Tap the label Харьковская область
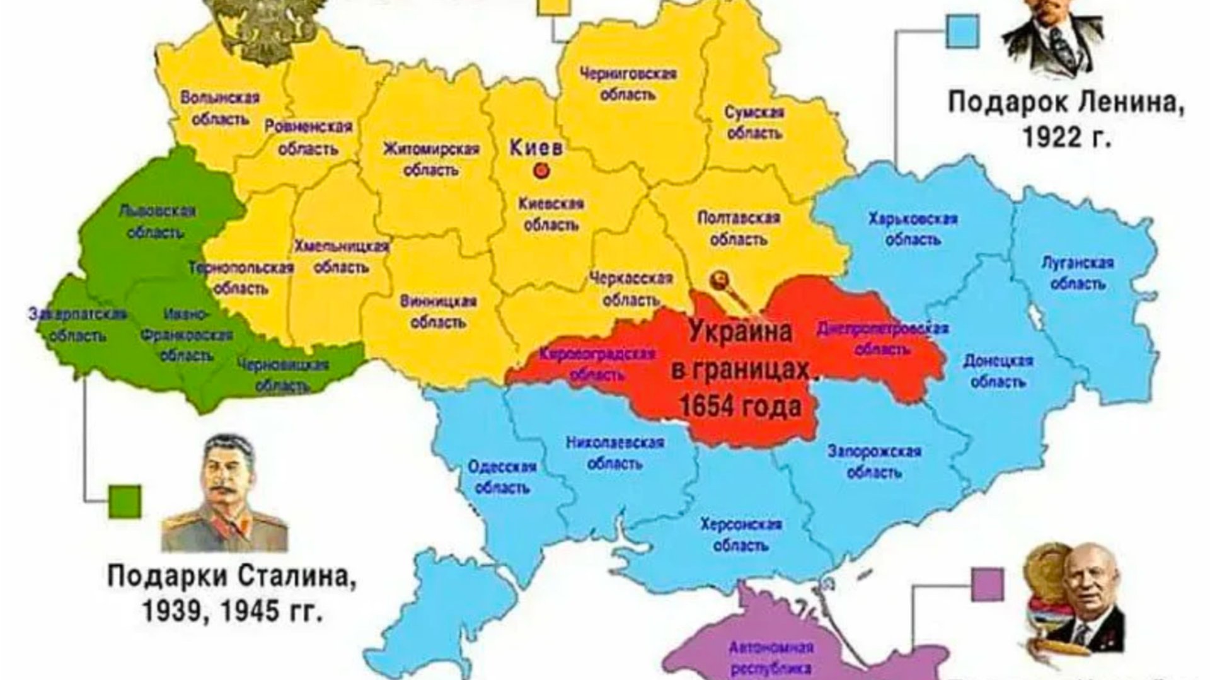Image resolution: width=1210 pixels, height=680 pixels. click(x=913, y=229)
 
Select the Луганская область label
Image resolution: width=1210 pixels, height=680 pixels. click(x=1078, y=273)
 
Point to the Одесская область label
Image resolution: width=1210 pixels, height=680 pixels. click(x=502, y=476)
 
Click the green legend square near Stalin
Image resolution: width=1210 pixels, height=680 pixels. click(x=124, y=501)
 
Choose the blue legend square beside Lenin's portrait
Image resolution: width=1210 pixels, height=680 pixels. click(x=962, y=32)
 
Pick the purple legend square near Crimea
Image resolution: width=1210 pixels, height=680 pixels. click(x=987, y=584)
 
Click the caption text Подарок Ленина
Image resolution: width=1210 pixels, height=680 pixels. click(x=1065, y=102)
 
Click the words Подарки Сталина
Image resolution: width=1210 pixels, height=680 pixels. click(x=231, y=576)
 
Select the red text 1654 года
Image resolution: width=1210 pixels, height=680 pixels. click(x=740, y=406)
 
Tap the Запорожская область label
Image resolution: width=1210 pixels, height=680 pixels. click(x=874, y=461)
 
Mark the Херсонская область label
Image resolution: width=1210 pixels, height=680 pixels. click(x=741, y=534)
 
